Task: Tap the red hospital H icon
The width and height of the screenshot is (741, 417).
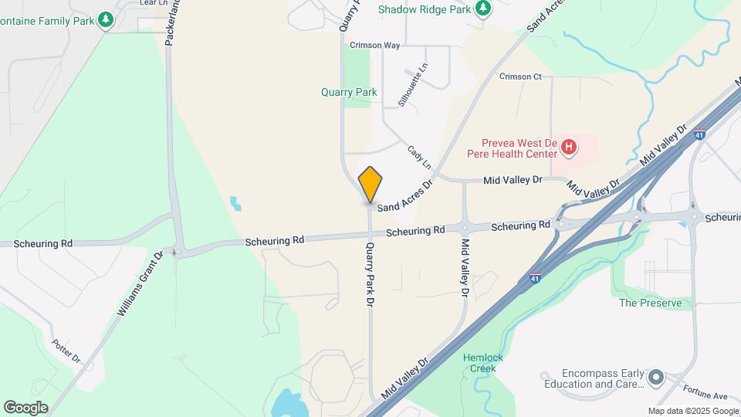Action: tap(569, 146)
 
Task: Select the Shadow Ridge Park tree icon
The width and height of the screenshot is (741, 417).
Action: tap(483, 8)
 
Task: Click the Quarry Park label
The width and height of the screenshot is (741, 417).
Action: tap(349, 92)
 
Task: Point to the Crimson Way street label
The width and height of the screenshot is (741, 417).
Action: tap(374, 46)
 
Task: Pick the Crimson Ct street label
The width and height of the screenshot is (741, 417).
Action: tap(521, 76)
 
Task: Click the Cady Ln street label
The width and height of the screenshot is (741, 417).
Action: tap(419, 159)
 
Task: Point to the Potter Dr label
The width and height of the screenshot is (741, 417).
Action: tap(66, 351)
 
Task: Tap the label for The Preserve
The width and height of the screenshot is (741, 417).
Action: tap(651, 303)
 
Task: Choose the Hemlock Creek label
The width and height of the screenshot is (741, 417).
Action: tap(484, 363)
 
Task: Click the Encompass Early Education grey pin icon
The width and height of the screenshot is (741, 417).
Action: tap(656, 377)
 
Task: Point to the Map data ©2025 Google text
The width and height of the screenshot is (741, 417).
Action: tap(692, 411)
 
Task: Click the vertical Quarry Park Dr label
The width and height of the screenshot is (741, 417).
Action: tap(370, 276)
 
